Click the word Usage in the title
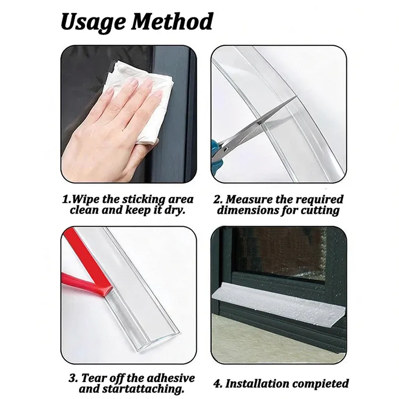pyautogui.click(x=93, y=22)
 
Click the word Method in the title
pyautogui.click(x=172, y=21)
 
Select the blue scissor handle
pyautogui.click(x=215, y=156)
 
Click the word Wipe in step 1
pyautogui.click(x=85, y=199)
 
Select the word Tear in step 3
pyautogui.click(x=93, y=378)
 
